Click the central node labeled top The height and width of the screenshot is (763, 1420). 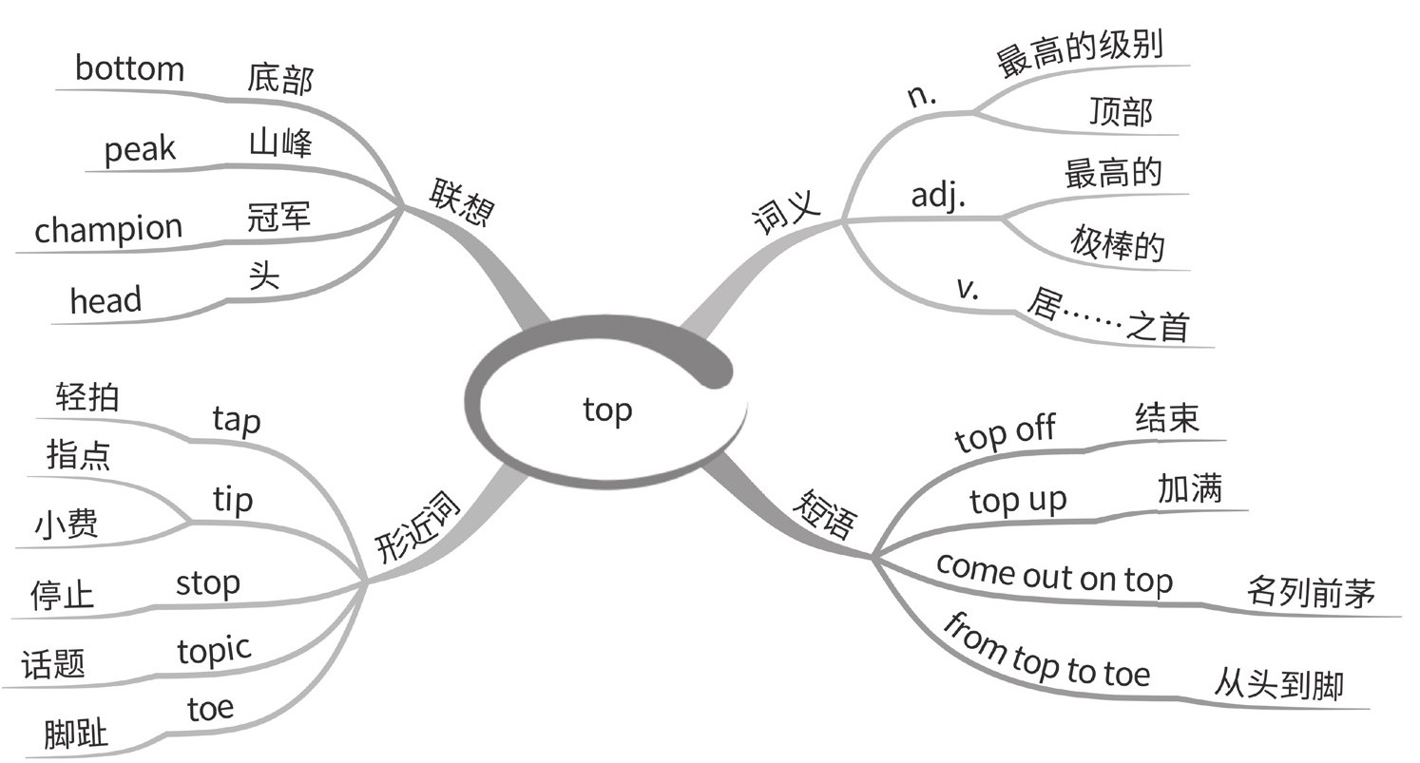(607, 410)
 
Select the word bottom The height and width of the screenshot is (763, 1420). (129, 69)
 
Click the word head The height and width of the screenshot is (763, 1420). (106, 301)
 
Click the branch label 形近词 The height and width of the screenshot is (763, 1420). (417, 528)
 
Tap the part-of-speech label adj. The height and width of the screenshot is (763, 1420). (938, 195)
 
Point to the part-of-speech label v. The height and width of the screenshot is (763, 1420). (968, 288)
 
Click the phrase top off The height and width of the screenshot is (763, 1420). (1005, 434)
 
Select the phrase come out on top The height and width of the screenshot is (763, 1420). (1054, 576)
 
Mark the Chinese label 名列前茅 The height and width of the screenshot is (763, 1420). (1311, 592)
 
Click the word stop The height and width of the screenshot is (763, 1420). (207, 582)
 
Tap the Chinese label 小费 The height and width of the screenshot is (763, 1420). (67, 525)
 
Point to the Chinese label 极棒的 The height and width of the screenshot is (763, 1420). (1117, 244)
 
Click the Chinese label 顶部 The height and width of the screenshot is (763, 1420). (1122, 112)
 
